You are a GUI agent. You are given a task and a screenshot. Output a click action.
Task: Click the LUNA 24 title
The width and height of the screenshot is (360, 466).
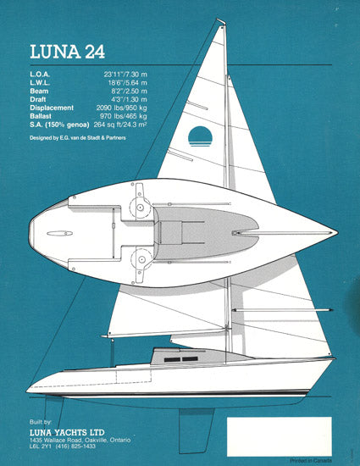(x=68, y=52)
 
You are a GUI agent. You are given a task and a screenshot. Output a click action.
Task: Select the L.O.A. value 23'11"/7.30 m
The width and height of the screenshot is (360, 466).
(x=125, y=75)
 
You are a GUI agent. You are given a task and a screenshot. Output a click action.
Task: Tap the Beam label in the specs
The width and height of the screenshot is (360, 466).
(x=39, y=92)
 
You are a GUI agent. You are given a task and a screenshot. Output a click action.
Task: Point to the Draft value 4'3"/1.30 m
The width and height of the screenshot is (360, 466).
(x=130, y=99)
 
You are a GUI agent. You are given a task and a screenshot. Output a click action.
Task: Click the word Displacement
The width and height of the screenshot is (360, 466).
(x=52, y=108)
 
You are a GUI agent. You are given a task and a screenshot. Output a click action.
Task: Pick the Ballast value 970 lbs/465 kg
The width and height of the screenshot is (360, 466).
(x=124, y=116)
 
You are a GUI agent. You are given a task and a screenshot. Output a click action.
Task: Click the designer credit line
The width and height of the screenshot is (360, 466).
(x=78, y=138)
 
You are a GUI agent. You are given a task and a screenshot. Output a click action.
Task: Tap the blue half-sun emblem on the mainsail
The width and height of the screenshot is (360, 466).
(x=200, y=136)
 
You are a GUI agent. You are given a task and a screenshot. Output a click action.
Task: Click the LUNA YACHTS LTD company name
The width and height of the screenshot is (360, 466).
(x=67, y=432)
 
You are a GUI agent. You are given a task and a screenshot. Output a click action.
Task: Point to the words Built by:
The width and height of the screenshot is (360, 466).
(x=41, y=422)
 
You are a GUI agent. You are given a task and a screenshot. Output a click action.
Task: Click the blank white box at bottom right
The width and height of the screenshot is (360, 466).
(x=280, y=436)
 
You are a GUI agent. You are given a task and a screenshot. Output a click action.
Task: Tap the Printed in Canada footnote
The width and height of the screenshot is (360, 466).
(x=311, y=461)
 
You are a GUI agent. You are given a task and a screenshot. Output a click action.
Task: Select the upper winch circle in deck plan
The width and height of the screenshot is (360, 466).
(x=141, y=208)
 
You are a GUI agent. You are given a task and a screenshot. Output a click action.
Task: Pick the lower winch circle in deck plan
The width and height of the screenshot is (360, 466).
(x=141, y=259)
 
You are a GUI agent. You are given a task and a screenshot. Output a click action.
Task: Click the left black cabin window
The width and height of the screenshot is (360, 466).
(x=172, y=359)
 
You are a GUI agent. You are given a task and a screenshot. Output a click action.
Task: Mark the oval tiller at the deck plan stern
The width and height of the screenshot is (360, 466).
(x=59, y=234)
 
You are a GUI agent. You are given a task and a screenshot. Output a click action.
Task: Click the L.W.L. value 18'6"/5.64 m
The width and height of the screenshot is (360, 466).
(x=127, y=83)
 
